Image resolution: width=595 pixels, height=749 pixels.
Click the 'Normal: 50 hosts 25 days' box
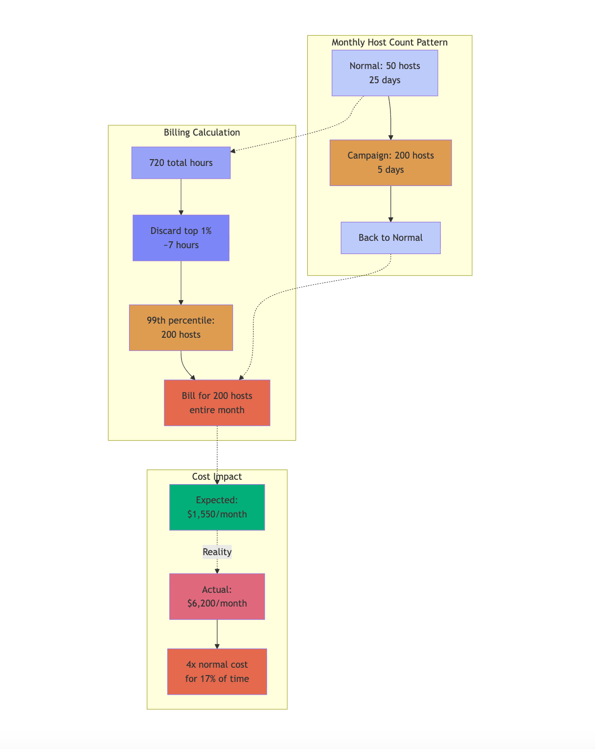pos(385,73)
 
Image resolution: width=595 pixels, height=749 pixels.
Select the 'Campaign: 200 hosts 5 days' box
pos(390,163)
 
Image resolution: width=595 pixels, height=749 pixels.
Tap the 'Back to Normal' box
pos(390,238)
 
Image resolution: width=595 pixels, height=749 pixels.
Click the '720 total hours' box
pos(181,163)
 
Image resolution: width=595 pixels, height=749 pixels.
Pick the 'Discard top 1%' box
pos(181,238)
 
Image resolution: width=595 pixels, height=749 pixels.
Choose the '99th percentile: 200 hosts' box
pos(181,328)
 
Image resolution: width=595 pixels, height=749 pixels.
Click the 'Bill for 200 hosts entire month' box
pos(217,402)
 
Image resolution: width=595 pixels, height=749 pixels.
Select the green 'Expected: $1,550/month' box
pos(217,507)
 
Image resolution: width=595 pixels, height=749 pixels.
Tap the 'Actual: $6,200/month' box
pos(217,596)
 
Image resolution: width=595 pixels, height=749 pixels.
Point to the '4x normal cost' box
pos(217,672)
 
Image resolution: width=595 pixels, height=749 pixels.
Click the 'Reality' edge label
pos(217,552)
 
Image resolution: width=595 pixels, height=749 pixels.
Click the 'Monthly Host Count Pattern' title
pos(389,43)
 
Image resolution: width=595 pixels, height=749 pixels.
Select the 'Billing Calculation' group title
pos(202,133)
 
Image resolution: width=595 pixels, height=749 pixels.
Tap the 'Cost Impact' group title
pos(217,477)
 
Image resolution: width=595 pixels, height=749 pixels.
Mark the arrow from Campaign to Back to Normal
pos(390,204)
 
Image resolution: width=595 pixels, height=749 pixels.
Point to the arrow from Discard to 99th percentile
pos(181,283)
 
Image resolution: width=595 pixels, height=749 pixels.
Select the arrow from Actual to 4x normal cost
pos(217,634)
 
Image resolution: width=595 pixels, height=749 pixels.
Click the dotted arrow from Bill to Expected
pos(217,455)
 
